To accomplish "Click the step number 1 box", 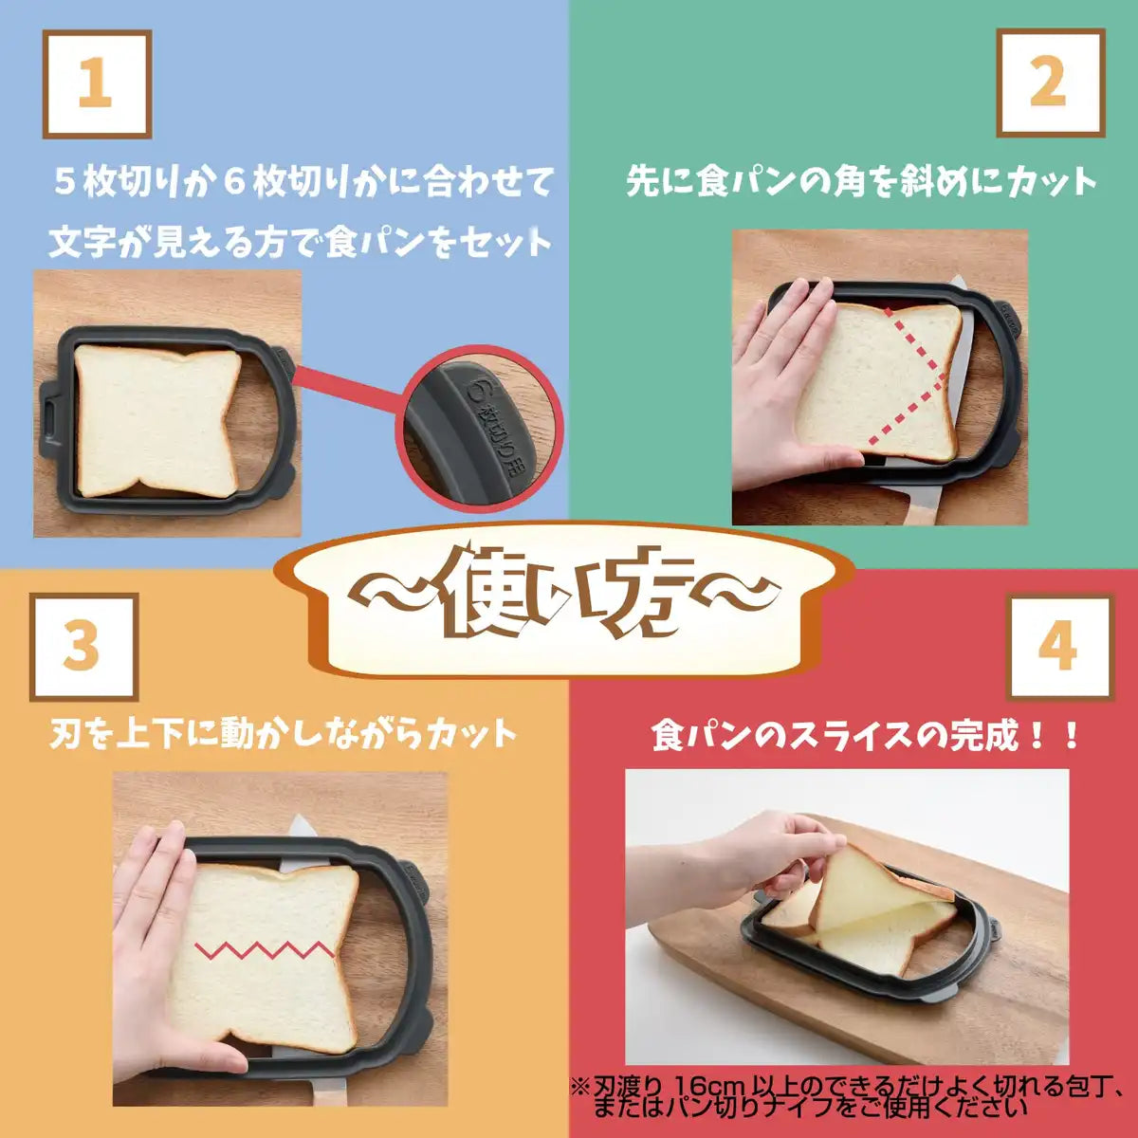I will (x=96, y=83).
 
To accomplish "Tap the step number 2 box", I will (x=1049, y=83).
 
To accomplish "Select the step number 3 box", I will (x=83, y=646).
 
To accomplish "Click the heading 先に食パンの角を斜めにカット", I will (x=860, y=181).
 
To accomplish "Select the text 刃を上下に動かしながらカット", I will (x=283, y=733).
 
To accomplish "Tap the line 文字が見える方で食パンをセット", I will (x=301, y=242).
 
